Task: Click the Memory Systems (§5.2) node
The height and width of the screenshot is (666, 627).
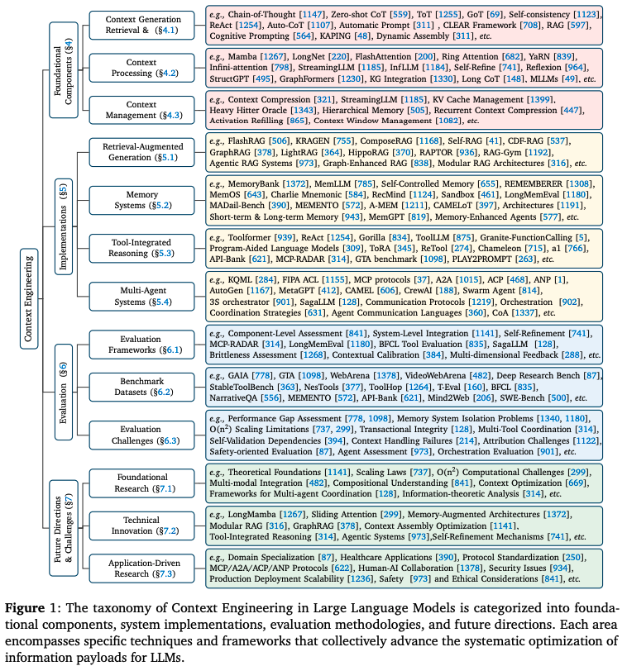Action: (x=141, y=199)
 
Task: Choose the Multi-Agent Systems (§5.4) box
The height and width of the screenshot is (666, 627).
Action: (x=141, y=296)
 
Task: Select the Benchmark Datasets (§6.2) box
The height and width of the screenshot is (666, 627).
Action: (x=141, y=386)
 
